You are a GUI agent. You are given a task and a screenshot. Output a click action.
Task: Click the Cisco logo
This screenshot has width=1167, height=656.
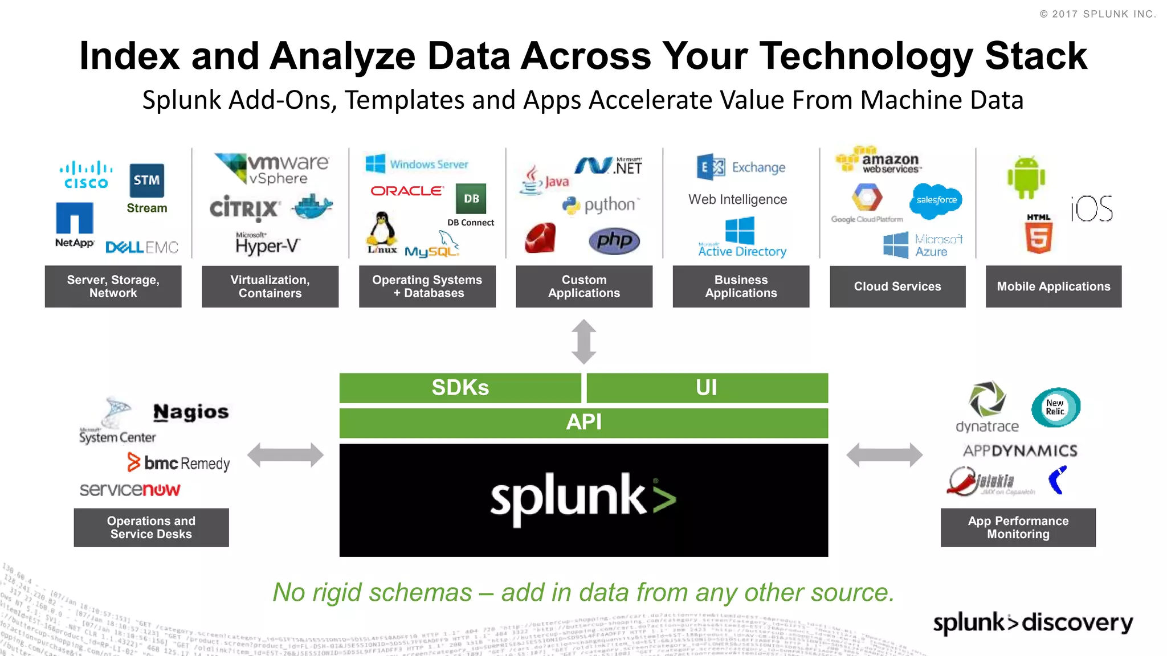click(x=86, y=175)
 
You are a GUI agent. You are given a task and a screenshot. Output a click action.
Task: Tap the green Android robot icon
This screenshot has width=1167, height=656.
click(x=1026, y=178)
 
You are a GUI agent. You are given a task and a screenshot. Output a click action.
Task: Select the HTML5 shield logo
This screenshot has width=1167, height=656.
click(x=1039, y=234)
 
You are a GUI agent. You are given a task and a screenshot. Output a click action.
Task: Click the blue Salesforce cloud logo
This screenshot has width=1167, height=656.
click(x=936, y=200)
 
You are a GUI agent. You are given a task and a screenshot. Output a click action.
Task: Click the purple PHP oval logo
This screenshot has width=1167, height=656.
click(x=614, y=241)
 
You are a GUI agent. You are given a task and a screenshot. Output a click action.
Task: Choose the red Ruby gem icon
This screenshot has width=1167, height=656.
click(x=540, y=238)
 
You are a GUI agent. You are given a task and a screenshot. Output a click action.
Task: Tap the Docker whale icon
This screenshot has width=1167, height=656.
click(x=312, y=206)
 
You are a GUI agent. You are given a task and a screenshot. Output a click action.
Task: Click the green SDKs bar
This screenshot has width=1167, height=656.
click(x=460, y=388)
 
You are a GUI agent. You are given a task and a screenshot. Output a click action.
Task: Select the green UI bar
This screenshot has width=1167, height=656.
click(x=707, y=388)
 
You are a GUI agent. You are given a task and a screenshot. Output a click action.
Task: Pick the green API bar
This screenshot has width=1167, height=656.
click(x=583, y=423)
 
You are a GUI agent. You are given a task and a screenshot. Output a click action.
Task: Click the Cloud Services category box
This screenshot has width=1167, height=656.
click(x=897, y=286)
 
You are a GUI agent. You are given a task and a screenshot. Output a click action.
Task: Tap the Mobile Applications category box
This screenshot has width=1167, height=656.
click(x=1054, y=286)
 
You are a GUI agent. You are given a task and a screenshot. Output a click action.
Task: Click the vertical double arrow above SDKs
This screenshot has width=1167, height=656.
click(x=583, y=342)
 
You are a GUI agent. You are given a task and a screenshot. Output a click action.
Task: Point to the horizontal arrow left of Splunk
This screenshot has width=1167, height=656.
click(x=285, y=455)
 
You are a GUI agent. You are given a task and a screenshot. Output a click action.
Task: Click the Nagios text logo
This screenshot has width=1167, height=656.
click(x=191, y=412)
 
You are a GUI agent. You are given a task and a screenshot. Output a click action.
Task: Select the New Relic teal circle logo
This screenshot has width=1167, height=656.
click(x=1055, y=407)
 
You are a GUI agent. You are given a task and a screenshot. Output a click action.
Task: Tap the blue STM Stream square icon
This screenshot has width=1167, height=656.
click(x=146, y=181)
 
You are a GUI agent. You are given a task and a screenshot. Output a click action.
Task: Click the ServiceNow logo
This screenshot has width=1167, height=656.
click(x=130, y=489)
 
